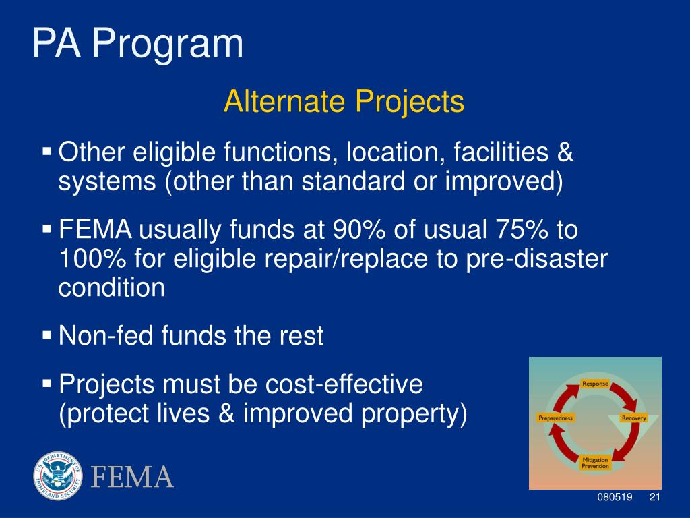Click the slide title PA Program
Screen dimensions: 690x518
click(x=137, y=44)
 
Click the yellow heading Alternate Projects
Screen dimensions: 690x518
click(x=344, y=102)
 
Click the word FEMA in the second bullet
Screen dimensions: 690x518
click(x=96, y=229)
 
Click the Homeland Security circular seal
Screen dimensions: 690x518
click(x=58, y=476)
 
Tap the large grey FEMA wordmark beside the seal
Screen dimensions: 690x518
click(x=132, y=477)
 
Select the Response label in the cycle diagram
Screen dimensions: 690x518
click(x=595, y=384)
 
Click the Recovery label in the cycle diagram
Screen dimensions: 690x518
click(x=633, y=418)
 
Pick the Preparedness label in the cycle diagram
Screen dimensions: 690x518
click(x=556, y=418)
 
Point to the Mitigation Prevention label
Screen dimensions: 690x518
click(x=595, y=463)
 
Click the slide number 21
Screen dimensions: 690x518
click(x=655, y=497)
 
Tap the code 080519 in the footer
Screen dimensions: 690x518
click(x=615, y=497)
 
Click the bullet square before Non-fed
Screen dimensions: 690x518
click(x=46, y=335)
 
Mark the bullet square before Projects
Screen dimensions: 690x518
click(x=46, y=383)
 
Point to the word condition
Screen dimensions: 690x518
click(x=112, y=287)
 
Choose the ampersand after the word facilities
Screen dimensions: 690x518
click(x=565, y=152)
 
